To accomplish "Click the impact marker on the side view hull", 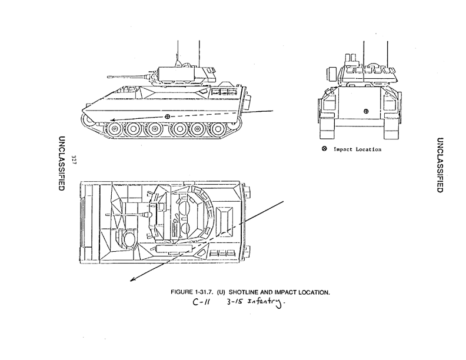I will (168, 116).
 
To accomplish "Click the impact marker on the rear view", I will (366, 111).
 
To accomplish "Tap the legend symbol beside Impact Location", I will (324, 149).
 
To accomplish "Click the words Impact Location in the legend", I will (357, 149).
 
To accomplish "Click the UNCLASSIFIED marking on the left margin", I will (61, 163).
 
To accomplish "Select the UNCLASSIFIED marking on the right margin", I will (440, 164).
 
